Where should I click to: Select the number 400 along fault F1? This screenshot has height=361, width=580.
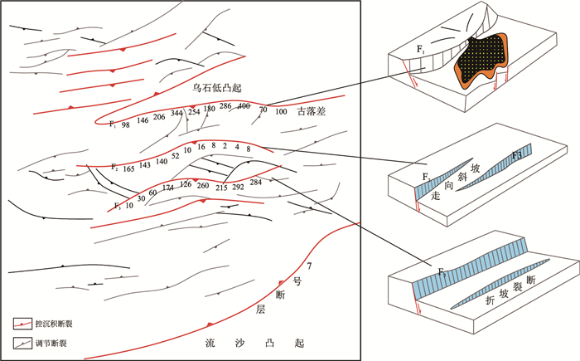(244, 106)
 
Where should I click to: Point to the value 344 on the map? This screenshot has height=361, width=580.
(176, 113)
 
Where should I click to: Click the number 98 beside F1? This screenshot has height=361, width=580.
(126, 124)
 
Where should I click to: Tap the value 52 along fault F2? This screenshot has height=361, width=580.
(175, 155)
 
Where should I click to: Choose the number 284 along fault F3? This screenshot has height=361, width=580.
(255, 182)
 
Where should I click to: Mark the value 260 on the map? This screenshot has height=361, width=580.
(203, 185)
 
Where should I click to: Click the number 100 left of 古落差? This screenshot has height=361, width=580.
(281, 110)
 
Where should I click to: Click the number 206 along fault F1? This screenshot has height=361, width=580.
(159, 118)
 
